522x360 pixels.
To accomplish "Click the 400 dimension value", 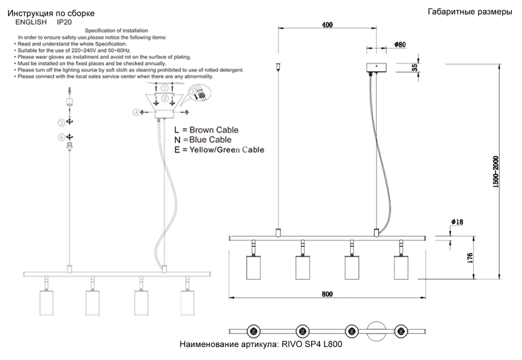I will click(x=327, y=25).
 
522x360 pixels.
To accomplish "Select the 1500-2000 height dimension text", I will click(x=496, y=172).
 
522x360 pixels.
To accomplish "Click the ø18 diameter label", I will click(x=456, y=222).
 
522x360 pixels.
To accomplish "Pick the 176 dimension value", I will click(x=470, y=258).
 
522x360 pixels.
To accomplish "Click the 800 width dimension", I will click(x=327, y=294).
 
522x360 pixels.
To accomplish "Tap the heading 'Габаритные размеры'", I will click(x=469, y=12).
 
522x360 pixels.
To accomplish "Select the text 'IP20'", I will click(x=64, y=22).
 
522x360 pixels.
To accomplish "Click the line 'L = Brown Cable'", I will click(x=206, y=129).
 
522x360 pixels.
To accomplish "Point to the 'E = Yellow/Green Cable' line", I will click(x=219, y=150).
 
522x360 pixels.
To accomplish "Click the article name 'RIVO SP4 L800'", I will click(x=312, y=345).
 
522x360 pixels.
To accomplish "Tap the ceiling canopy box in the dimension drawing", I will click(x=375, y=67).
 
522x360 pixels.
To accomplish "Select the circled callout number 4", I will click(x=137, y=112).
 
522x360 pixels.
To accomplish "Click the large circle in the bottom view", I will click(x=377, y=331).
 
